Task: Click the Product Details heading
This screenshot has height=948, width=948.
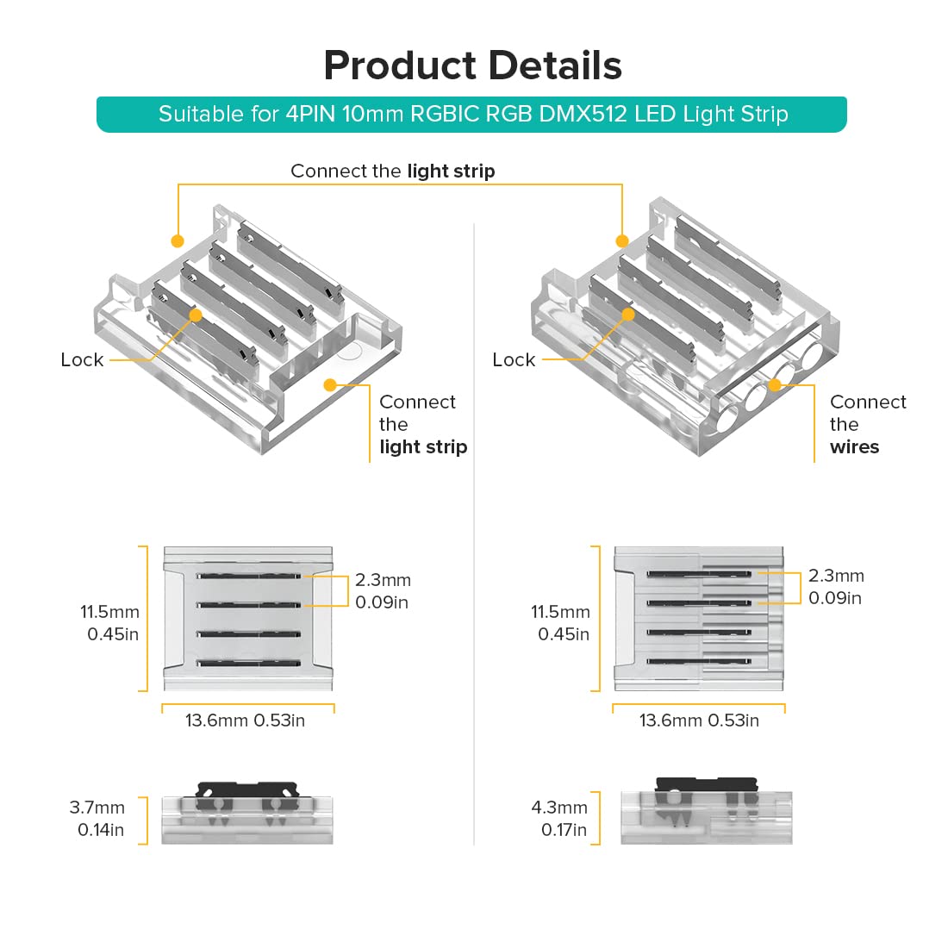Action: [472, 65]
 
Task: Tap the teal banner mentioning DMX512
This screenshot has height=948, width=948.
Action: [472, 114]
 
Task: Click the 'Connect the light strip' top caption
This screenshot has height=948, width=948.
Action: [392, 171]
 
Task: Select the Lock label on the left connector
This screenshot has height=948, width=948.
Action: [82, 359]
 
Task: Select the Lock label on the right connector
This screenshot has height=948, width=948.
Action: [514, 359]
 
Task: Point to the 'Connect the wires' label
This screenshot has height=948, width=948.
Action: [867, 424]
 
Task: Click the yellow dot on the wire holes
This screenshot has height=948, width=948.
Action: [775, 385]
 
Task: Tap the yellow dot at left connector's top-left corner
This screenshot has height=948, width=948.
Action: [178, 240]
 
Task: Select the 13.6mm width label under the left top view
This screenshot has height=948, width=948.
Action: [245, 720]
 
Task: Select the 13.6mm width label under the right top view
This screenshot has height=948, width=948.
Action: [699, 720]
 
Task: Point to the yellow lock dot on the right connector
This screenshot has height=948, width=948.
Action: [628, 315]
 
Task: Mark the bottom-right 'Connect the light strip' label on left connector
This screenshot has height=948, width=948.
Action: [422, 424]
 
